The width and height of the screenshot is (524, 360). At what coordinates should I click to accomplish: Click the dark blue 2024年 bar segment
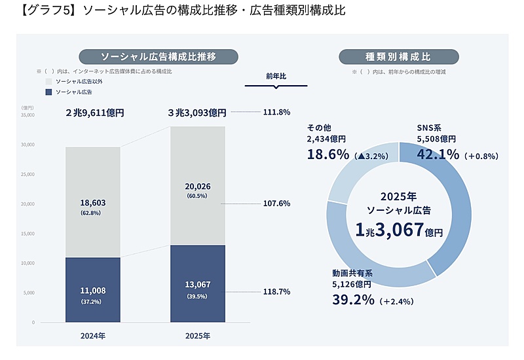tap(92, 289)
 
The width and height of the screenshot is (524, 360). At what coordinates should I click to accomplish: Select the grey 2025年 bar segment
tap(197, 186)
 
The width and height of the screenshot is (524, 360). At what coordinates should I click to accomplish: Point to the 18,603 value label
tap(92, 204)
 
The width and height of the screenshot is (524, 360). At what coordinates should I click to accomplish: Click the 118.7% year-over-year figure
tap(276, 291)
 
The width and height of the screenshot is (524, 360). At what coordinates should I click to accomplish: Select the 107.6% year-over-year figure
tap(276, 204)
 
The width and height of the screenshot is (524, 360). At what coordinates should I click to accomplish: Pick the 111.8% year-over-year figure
tap(276, 112)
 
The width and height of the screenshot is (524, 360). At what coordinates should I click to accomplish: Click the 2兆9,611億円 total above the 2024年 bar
tap(94, 112)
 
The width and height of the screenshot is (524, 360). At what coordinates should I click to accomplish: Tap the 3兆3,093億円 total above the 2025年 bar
tap(196, 112)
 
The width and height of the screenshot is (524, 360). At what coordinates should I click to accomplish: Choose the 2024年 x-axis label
tap(92, 336)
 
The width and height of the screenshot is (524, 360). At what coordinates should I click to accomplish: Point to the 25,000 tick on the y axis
tap(27, 174)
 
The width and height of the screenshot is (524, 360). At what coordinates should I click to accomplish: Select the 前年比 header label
tap(276, 76)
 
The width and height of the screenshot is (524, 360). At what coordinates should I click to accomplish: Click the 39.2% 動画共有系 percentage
tap(353, 300)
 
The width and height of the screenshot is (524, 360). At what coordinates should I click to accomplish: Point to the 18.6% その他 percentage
tap(328, 154)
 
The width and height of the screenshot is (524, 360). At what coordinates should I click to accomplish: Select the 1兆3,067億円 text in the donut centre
tap(399, 230)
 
